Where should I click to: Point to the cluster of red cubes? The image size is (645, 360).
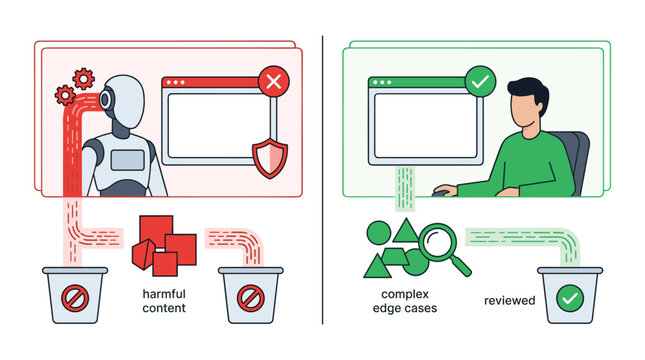[x=163, y=242]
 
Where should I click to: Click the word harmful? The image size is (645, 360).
[x=164, y=294]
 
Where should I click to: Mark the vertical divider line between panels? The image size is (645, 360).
[x=322, y=180]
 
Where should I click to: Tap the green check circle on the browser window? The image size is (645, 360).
[x=480, y=81]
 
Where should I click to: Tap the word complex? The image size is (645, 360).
[x=405, y=294]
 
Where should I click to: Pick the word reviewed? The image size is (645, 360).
[x=509, y=299]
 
